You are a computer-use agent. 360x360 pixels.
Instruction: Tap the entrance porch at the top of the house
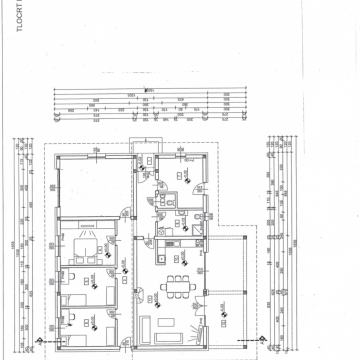[147, 145]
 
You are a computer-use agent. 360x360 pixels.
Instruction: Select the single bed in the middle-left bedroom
[70, 294]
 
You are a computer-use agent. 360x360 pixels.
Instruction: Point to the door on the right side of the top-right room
[209, 186]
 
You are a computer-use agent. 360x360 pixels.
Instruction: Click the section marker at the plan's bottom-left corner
[37, 345]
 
